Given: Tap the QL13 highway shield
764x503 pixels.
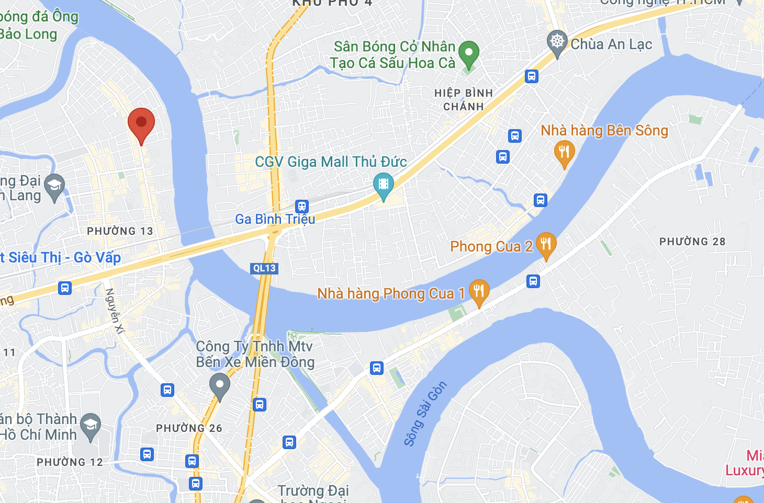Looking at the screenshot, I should [264, 268].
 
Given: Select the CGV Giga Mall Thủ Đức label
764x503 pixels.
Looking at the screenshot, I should [331, 162].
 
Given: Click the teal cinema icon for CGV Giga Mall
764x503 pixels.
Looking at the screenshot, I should [384, 185].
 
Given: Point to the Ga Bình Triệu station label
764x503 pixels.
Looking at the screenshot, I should [275, 219].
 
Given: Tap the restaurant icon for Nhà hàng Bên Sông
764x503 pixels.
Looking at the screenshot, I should [564, 152].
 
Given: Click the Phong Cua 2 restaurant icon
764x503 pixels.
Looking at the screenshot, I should [546, 244].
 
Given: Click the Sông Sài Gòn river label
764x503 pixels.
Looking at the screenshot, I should [425, 414].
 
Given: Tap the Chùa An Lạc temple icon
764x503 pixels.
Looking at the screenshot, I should [557, 42].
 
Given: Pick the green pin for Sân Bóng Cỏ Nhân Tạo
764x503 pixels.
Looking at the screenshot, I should [469, 53].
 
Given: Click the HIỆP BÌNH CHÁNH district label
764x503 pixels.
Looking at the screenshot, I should [464, 100].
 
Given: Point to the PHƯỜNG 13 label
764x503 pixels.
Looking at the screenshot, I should [120, 231].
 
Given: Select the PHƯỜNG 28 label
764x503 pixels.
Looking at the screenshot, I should [692, 242].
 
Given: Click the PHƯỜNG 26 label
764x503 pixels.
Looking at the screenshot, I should [189, 428].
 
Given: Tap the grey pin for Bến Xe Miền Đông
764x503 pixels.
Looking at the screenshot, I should [220, 385].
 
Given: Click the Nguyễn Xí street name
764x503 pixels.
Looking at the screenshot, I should [115, 311].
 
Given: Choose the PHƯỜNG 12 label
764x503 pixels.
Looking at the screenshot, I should [70, 462].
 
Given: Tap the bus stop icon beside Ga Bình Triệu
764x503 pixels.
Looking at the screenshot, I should [302, 206].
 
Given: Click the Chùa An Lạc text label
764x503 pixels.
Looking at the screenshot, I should [611, 44].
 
